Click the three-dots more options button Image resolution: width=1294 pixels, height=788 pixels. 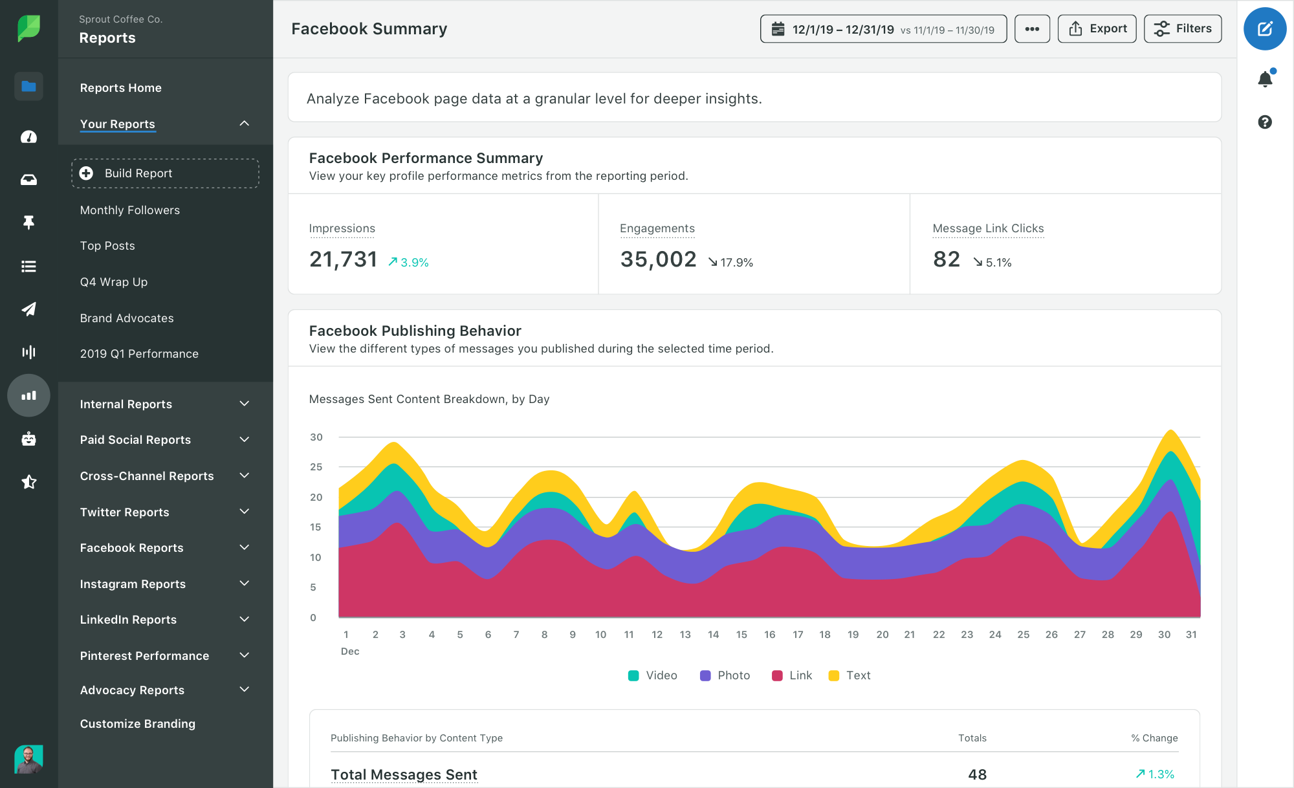pos(1032,28)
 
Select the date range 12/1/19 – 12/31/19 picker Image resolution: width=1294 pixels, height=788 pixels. pos(883,29)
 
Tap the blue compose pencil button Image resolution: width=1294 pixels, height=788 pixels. pos(1264,28)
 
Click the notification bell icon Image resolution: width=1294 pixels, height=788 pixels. pos(1265,79)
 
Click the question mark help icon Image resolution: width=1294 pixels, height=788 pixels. pos(1265,122)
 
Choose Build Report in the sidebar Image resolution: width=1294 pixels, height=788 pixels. pos(165,173)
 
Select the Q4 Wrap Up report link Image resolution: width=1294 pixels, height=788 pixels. pos(114,282)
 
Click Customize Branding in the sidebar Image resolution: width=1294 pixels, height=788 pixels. pos(138,723)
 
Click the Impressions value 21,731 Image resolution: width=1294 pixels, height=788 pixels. pos(344,259)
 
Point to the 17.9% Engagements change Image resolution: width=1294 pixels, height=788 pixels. pos(730,262)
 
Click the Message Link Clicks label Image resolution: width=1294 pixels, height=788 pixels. pos(988,228)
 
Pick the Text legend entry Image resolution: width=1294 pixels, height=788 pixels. pos(850,675)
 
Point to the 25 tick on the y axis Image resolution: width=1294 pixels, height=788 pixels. pos(316,467)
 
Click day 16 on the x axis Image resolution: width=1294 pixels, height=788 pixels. pos(769,635)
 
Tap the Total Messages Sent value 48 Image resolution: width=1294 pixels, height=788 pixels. pos(977,774)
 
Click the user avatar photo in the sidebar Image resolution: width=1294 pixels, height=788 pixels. pos(28,759)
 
